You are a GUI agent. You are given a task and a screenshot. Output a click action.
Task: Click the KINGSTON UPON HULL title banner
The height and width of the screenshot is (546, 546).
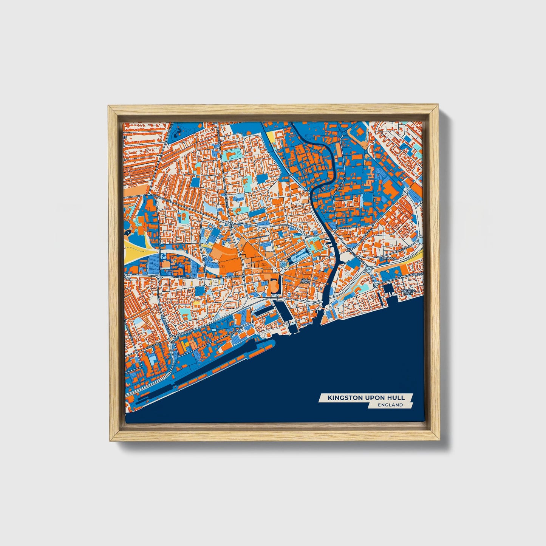tap(366, 398)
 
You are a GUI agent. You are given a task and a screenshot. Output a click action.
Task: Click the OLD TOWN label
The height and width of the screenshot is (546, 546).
tap(305, 281)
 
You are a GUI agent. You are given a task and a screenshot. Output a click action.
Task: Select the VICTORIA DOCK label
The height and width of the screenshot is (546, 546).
tap(409, 292)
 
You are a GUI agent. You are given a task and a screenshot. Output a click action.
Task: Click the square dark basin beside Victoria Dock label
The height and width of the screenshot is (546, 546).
tap(387, 290)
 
